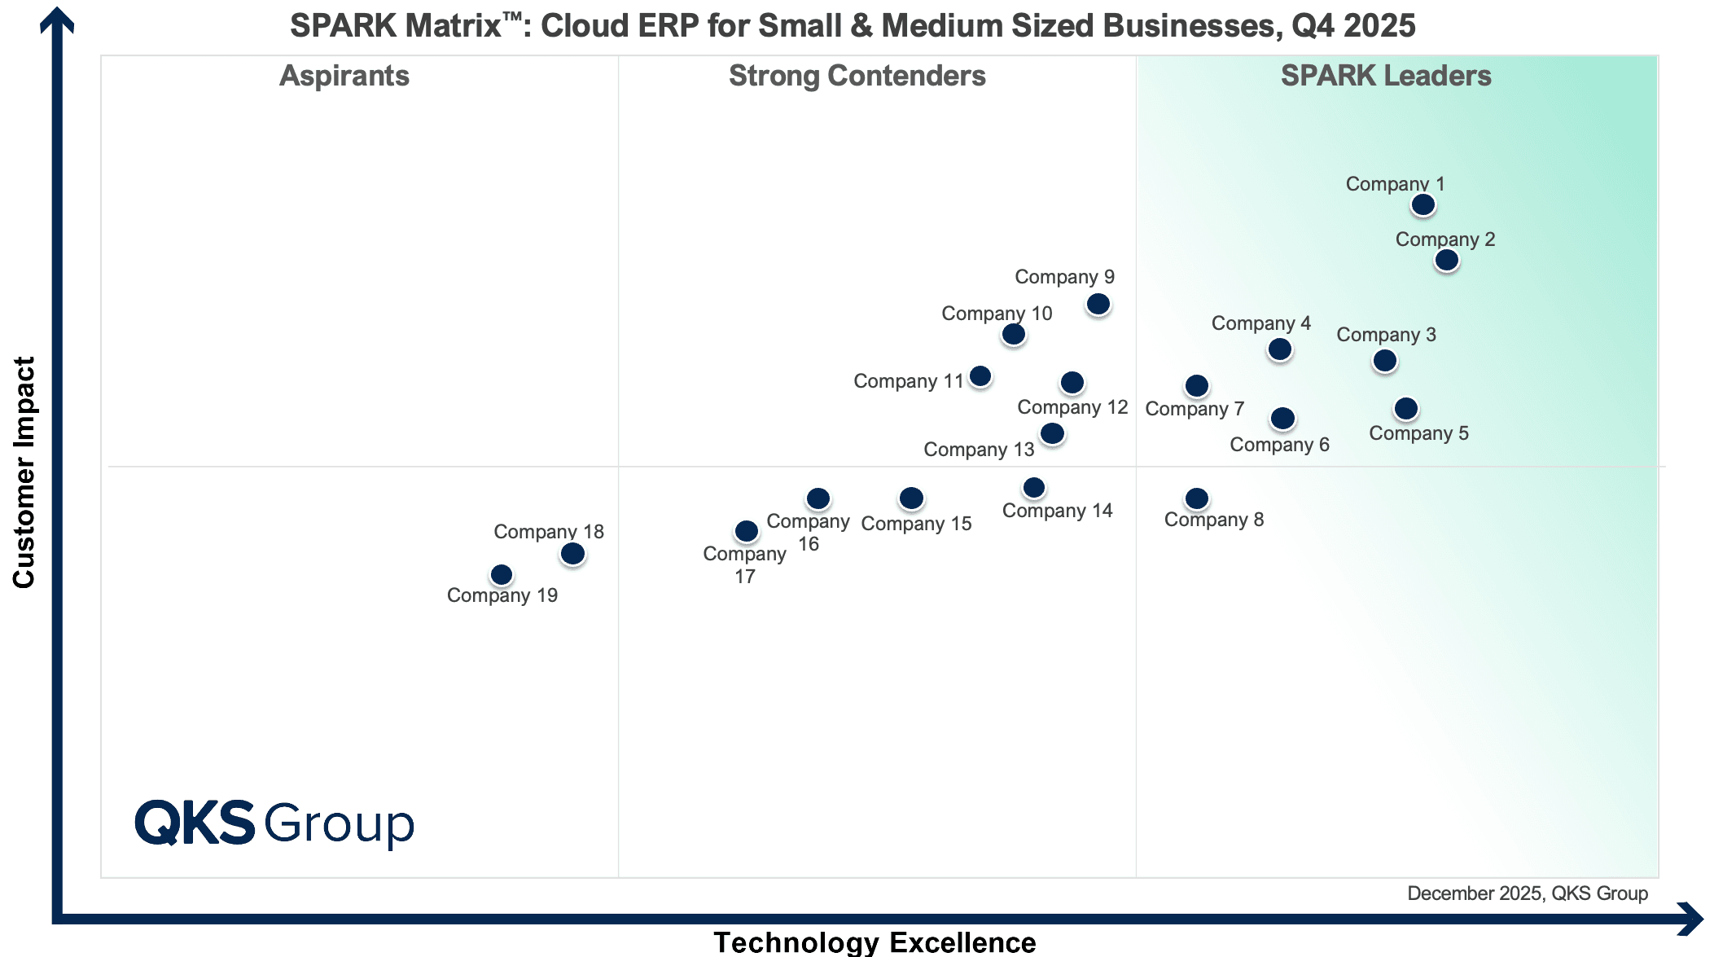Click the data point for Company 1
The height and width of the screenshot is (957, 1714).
[x=1422, y=204]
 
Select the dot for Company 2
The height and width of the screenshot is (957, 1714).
[x=1446, y=261]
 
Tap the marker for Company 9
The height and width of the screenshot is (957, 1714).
[x=1098, y=305]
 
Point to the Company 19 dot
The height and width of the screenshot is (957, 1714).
[x=502, y=575]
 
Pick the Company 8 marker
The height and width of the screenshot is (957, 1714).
[x=1196, y=498]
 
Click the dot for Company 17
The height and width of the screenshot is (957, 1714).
[x=746, y=532]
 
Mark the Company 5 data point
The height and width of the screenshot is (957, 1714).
[x=1405, y=409]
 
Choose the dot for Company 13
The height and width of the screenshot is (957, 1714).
[x=1052, y=433]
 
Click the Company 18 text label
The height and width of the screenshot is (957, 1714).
[x=549, y=532]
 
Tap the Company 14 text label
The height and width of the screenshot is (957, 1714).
[x=1057, y=511]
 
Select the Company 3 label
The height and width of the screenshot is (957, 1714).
[x=1386, y=335]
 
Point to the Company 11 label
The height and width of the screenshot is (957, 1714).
[x=908, y=381]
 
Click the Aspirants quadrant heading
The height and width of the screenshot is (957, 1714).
[x=344, y=76]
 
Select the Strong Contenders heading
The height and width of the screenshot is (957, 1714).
[x=857, y=76]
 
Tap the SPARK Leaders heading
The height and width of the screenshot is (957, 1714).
[x=1386, y=76]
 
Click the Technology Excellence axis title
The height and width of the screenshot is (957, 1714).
[x=875, y=942]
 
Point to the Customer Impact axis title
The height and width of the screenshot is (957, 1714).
[x=24, y=472]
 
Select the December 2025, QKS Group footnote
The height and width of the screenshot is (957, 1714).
[x=1527, y=893]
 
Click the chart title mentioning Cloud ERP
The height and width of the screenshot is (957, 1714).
[x=853, y=26]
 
